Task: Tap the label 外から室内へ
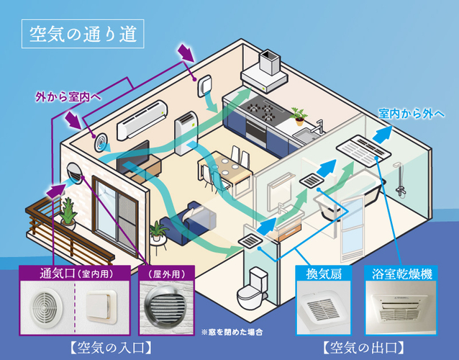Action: (x=68, y=95)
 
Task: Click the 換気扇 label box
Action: (x=324, y=274)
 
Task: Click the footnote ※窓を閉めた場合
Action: (x=232, y=332)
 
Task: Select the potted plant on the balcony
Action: (x=68, y=211)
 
